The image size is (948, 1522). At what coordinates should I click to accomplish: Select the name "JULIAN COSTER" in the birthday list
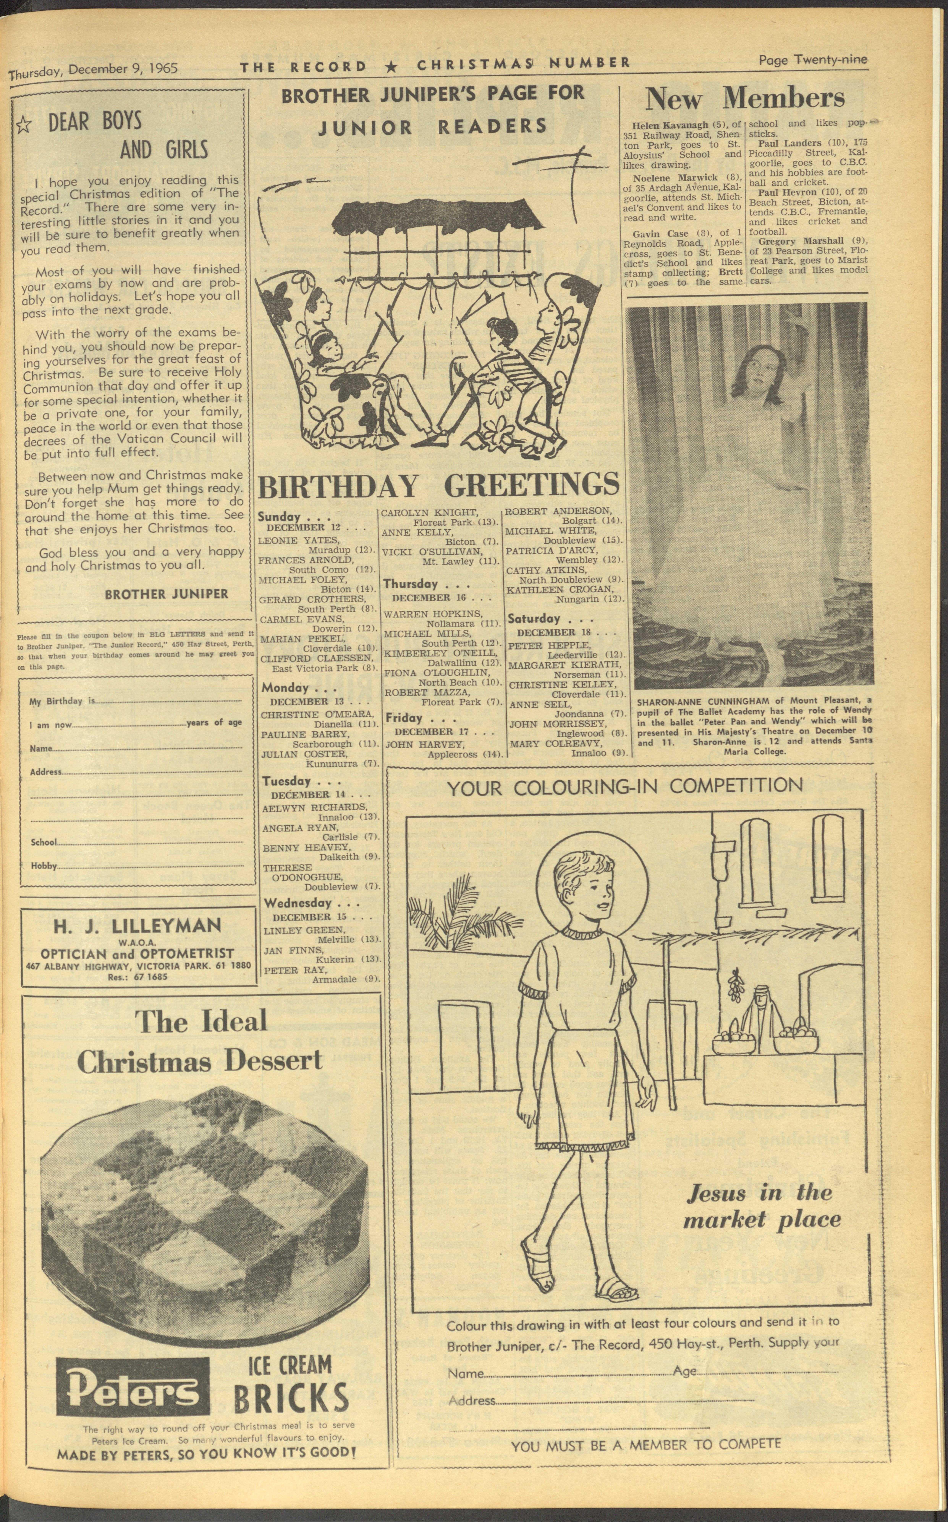point(303,754)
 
